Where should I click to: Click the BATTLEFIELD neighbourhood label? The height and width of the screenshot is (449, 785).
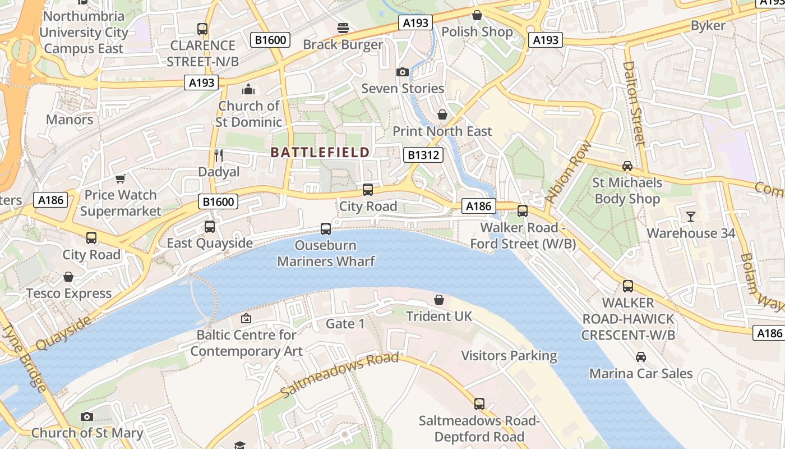[x=320, y=152]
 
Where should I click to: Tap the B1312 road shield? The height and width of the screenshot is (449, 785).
[x=423, y=155]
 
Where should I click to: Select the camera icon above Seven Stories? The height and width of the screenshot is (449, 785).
[x=402, y=72]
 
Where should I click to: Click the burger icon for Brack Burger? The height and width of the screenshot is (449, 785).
[x=343, y=28]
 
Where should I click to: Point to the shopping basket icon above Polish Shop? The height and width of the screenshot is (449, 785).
[x=477, y=15]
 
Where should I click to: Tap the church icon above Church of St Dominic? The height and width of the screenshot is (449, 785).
[x=248, y=89]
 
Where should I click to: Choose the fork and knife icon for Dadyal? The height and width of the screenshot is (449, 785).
[x=219, y=155]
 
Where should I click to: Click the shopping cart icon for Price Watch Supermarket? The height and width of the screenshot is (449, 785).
[x=121, y=178]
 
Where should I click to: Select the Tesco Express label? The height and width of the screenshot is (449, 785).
[x=69, y=294]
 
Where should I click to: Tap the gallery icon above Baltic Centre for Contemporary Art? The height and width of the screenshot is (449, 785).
[x=246, y=318]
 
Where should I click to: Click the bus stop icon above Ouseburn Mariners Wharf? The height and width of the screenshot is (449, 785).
[x=326, y=228]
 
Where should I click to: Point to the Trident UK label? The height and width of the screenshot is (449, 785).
[x=439, y=317]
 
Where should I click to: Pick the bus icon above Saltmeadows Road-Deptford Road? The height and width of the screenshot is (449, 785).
[x=479, y=404]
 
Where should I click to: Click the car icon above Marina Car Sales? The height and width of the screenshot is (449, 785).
[x=641, y=356]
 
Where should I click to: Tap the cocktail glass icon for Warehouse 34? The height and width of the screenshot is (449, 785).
[x=691, y=216]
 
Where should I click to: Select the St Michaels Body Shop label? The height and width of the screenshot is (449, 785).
[x=627, y=191]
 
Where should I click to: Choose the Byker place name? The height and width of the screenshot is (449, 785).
[x=708, y=25]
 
